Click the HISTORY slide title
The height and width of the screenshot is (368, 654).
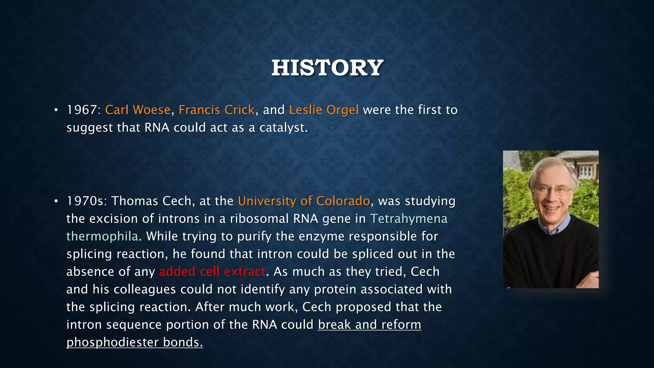tap(327, 68)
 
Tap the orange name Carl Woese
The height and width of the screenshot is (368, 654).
tap(138, 110)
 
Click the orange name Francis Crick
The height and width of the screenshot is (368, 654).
tap(217, 110)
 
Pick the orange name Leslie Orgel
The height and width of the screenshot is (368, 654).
tap(324, 110)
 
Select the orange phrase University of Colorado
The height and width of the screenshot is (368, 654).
tap(304, 201)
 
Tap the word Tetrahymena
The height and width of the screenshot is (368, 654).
tap(408, 219)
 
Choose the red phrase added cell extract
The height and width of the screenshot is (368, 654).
tap(212, 272)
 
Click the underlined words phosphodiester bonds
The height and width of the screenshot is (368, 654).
tap(134, 342)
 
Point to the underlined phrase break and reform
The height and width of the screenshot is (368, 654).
tap(369, 325)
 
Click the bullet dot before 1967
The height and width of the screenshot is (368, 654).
tap(56, 111)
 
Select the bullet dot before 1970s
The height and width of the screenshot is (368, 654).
tap(56, 202)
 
